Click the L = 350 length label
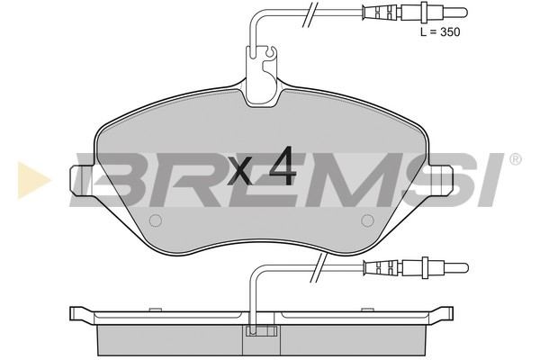click(x=440, y=32)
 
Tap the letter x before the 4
click(x=240, y=172)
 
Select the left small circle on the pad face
click(x=156, y=220)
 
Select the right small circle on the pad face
click(x=367, y=220)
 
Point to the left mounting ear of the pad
click(x=83, y=180)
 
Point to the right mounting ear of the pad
click(x=440, y=180)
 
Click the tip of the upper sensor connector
click(x=467, y=13)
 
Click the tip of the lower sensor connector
click(x=467, y=267)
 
